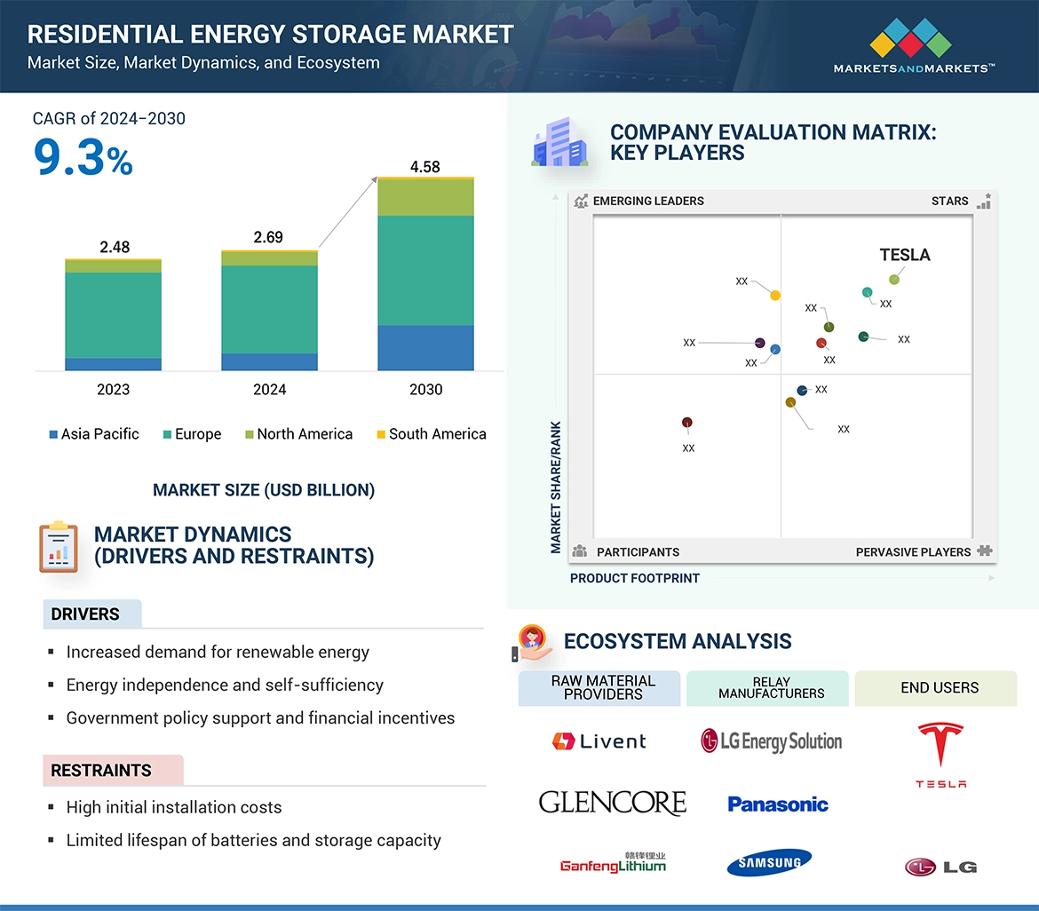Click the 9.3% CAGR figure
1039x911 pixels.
tap(83, 158)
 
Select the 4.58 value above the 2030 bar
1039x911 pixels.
tap(424, 167)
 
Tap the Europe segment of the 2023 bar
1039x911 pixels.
tap(113, 314)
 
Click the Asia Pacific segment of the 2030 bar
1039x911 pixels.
tap(425, 347)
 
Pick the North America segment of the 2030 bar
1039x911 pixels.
tap(425, 197)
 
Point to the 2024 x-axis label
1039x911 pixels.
tap(269, 389)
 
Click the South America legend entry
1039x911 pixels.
tap(432, 434)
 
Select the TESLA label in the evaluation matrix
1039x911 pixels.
tap(904, 256)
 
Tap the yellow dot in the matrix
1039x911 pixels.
tap(775, 295)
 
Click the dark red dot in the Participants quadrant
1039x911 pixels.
tap(686, 423)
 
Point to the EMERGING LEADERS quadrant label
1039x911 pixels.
tap(647, 201)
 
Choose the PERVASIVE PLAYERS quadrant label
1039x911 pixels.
tap(913, 552)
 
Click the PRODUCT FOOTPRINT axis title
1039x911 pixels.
tap(634, 578)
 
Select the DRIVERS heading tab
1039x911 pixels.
tap(85, 614)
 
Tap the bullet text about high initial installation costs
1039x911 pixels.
tap(174, 807)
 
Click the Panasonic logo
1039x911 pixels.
tap(777, 804)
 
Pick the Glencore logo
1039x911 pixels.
tap(612, 803)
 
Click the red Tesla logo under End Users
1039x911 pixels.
tap(940, 755)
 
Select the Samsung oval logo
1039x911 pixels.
tap(768, 862)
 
